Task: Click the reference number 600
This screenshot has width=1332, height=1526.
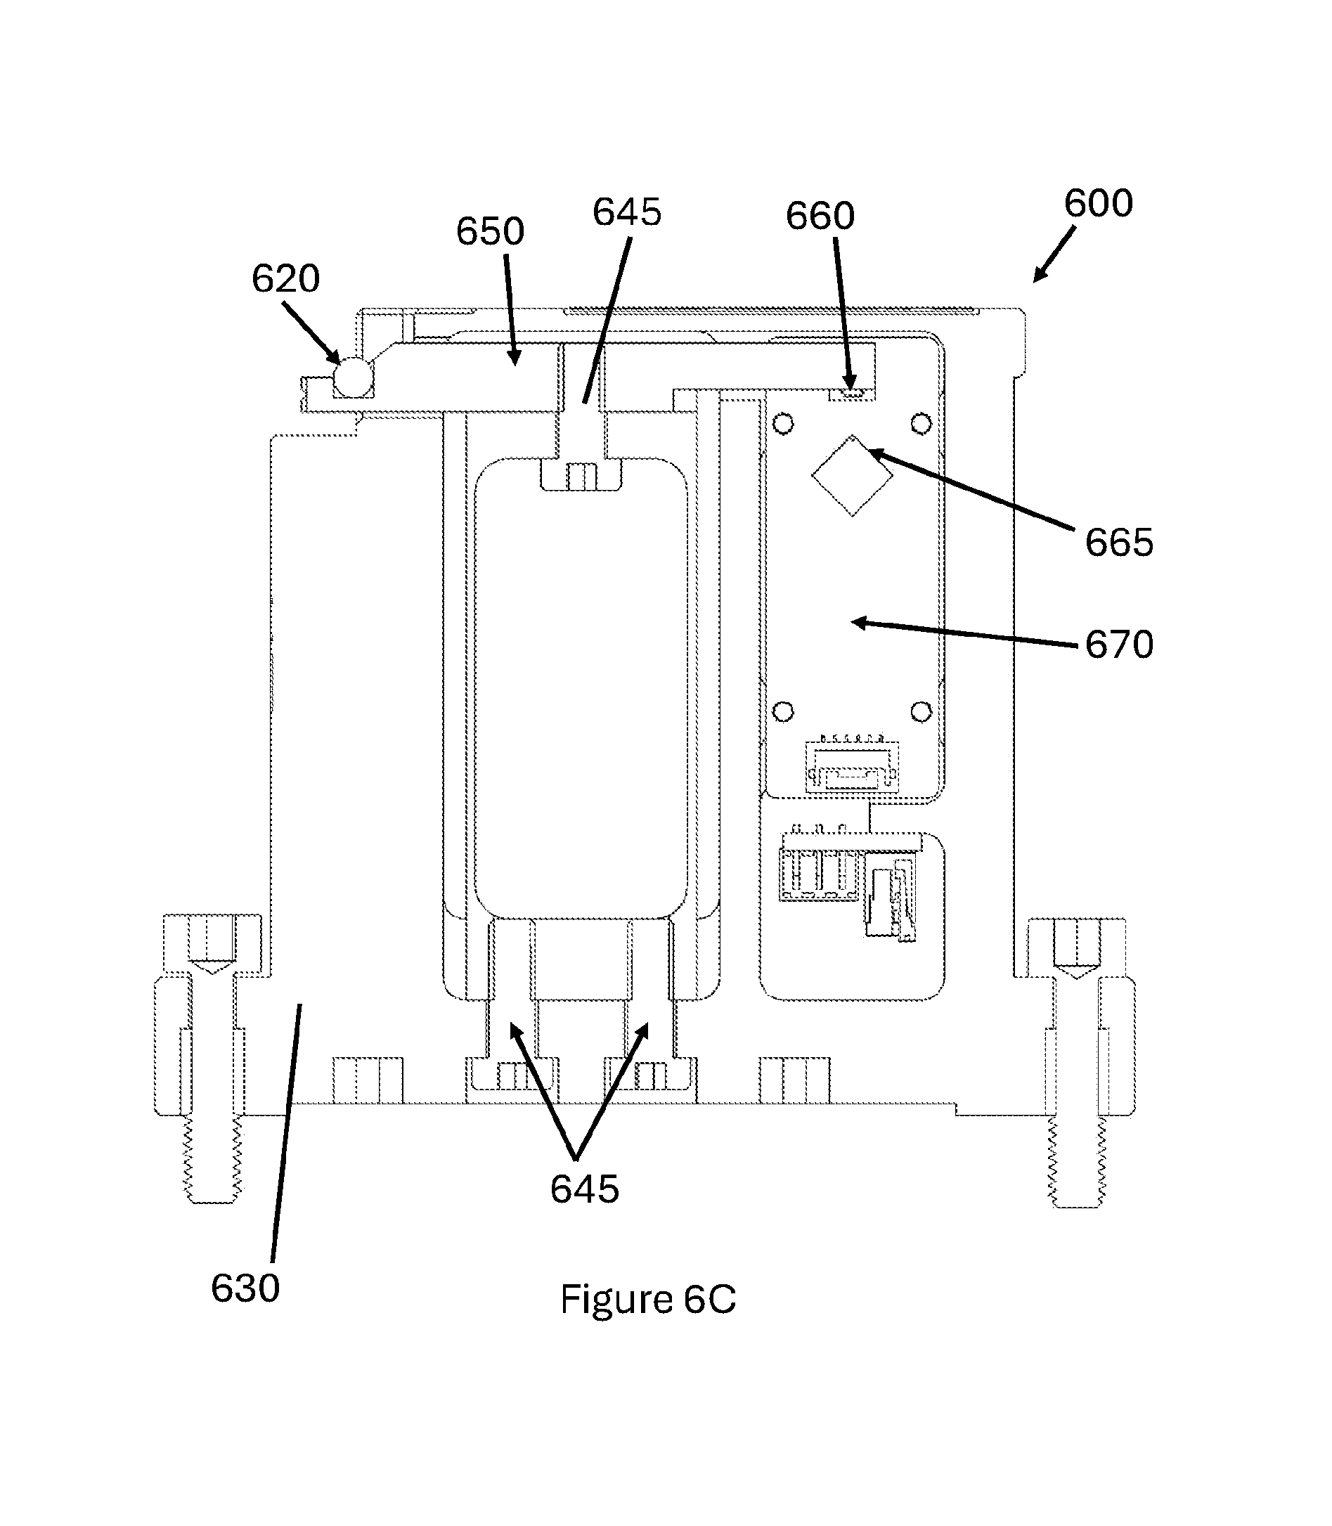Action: (x=1098, y=203)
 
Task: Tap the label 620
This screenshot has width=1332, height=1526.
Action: (x=285, y=279)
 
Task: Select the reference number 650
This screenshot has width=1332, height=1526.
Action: (x=490, y=231)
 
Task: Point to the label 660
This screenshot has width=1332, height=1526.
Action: (x=820, y=216)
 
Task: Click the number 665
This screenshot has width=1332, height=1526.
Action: (x=1120, y=543)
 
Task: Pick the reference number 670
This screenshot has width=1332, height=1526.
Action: (x=1120, y=645)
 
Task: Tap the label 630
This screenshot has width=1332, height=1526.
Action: (x=245, y=1288)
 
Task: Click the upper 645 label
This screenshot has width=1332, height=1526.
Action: (x=626, y=212)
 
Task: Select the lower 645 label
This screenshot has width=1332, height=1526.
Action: (x=584, y=1189)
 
